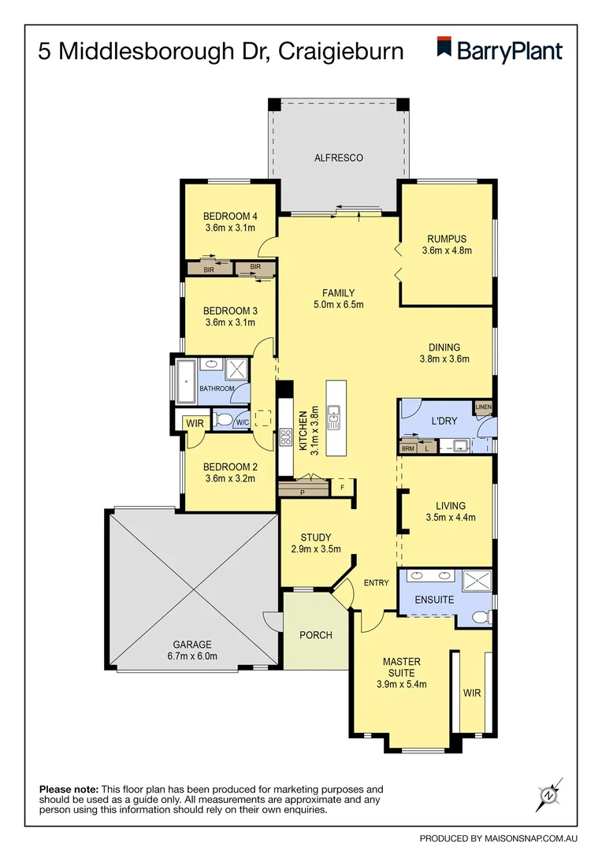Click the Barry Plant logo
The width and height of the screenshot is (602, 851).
tap(500, 51)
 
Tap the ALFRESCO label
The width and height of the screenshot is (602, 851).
tap(339, 158)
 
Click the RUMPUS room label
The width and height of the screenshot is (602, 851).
tap(447, 240)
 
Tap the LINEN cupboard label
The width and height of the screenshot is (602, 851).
tap(483, 407)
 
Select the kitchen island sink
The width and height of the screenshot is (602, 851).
tap(333, 416)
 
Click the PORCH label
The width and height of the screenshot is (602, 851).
tap(316, 635)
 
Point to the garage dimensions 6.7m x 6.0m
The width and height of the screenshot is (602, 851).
tap(193, 656)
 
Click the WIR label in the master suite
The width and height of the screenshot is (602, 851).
tap(472, 693)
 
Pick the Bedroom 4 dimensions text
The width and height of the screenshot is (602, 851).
tap(230, 229)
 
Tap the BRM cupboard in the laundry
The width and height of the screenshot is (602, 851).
tap(408, 448)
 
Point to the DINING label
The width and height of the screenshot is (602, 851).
tap(444, 347)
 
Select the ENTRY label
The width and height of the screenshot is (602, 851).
tap(377, 583)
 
